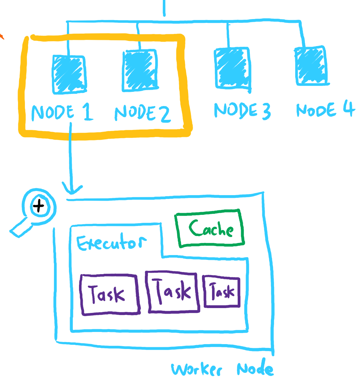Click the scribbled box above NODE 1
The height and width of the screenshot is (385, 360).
coord(69,74)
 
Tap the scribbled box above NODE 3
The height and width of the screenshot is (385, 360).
coord(232,68)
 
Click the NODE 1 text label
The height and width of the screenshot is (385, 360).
coord(62,113)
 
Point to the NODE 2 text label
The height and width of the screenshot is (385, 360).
coord(142,113)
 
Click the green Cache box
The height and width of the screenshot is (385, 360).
coord(211,228)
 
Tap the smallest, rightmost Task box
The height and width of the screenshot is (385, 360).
coord(222,292)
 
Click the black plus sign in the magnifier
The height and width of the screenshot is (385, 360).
coord(39,207)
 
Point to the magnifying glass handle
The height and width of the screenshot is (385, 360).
coord(20,229)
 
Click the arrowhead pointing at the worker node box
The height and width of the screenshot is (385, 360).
coord(72,190)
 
